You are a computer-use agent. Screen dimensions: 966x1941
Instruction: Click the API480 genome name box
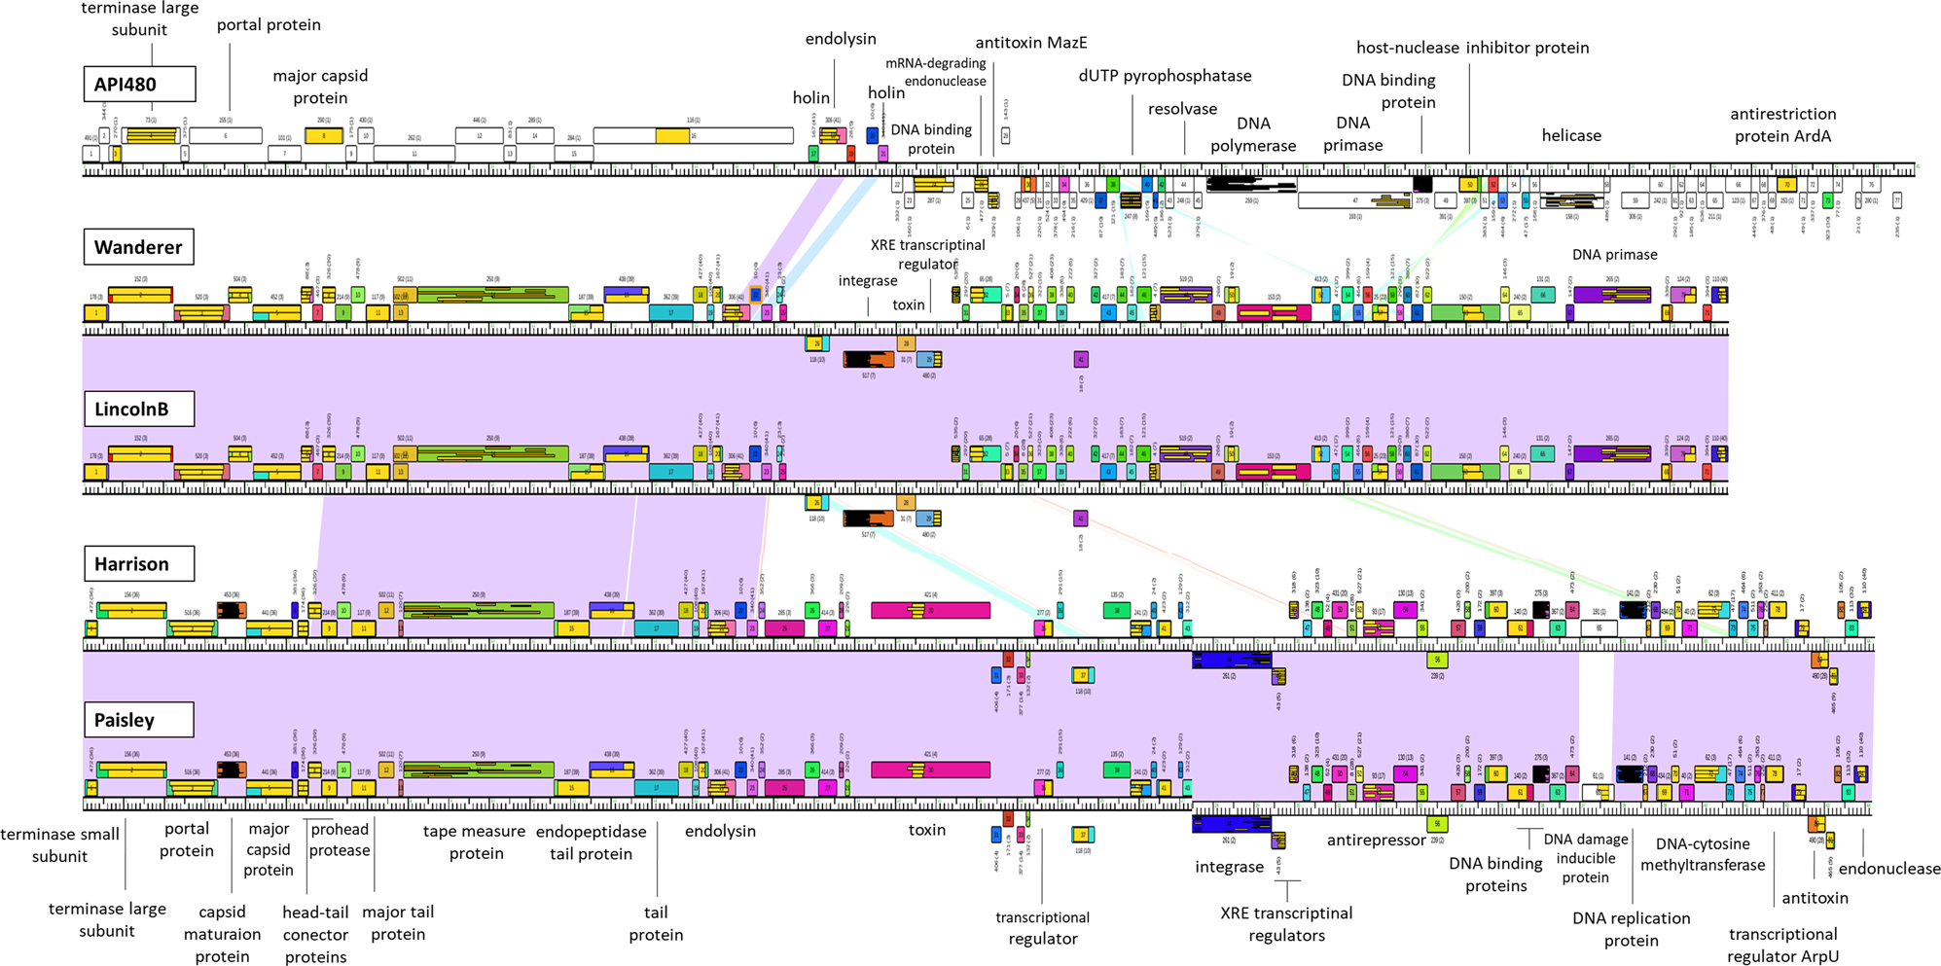coord(138,85)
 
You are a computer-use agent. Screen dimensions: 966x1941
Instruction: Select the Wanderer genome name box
coord(138,247)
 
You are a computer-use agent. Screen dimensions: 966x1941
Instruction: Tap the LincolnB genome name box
coord(138,409)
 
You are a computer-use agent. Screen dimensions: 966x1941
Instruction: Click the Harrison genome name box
coord(138,564)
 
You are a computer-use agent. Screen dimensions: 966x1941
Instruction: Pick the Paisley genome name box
coord(138,720)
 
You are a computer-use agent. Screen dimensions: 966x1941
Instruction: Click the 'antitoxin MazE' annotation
coord(1031,42)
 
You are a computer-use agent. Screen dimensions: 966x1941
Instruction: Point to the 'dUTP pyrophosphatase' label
coord(1165,76)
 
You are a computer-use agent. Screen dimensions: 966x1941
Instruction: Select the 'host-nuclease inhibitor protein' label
coord(1472,48)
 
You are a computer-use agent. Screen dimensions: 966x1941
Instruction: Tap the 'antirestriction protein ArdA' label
coord(1782,125)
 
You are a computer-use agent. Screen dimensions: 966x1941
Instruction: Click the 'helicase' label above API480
coord(1571,135)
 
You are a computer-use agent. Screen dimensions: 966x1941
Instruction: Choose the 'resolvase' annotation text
coord(1182,109)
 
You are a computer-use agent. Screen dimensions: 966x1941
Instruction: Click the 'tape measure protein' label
coord(475,841)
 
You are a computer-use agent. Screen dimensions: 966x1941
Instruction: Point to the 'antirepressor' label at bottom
coord(1376,840)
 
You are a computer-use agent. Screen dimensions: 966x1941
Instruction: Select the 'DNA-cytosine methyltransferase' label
coord(1703,854)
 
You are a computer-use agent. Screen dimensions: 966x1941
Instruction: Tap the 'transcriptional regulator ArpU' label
coord(1782,945)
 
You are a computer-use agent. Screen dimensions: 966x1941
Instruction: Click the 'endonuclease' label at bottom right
coord(1888,869)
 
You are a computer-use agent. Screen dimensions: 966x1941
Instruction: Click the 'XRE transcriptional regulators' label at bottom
coord(1286,923)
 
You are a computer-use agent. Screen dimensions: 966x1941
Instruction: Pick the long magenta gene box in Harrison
coord(930,610)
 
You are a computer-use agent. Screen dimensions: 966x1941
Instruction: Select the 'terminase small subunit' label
coord(59,844)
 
